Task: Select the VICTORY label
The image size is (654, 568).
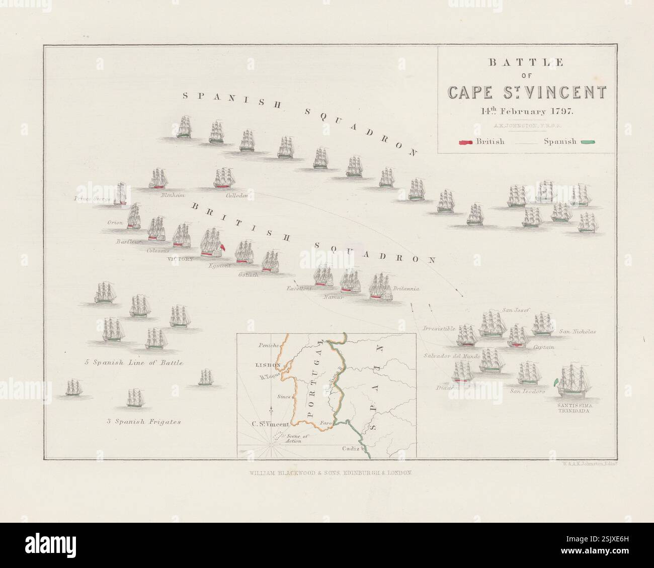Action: (180, 259)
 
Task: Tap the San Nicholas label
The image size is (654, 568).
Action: (578, 332)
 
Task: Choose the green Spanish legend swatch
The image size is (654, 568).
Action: (588, 142)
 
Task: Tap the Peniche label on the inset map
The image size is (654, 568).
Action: (268, 345)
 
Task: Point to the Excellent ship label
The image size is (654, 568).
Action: (299, 289)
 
